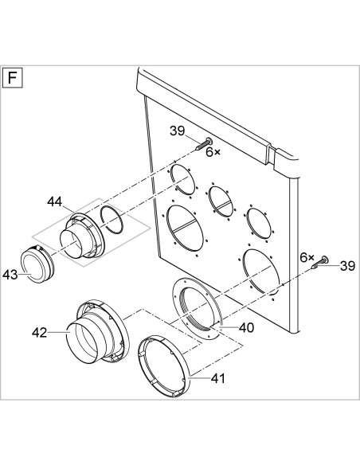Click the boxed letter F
click(13, 78)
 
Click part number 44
click(55, 202)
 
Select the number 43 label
click(10, 275)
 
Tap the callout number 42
click(40, 333)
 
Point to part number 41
click(218, 378)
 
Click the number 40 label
click(247, 328)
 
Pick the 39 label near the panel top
click(178, 131)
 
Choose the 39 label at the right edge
click(347, 266)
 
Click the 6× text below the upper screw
click(213, 152)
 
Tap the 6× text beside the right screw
click(307, 257)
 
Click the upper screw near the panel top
click(203, 144)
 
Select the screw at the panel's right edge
click(319, 263)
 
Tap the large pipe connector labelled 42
click(98, 330)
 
